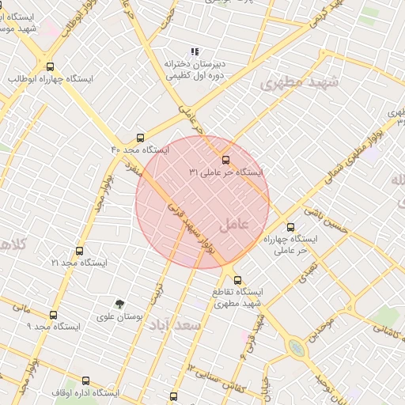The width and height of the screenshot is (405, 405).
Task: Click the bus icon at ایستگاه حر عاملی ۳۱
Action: point(226,159)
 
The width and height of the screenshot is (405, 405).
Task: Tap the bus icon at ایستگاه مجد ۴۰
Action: point(141,138)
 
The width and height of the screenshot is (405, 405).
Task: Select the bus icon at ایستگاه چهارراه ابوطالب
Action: point(51,67)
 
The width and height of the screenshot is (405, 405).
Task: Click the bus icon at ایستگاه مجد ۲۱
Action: point(79,251)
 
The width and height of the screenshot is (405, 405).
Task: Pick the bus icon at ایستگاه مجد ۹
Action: point(54,314)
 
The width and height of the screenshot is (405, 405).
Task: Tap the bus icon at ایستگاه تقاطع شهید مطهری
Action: point(237,280)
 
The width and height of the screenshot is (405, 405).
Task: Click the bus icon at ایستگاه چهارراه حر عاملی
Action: point(290,227)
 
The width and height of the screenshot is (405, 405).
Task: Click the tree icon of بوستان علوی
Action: point(119,304)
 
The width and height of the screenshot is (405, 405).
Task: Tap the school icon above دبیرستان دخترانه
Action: point(195,51)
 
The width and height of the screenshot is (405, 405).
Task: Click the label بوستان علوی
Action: point(119,316)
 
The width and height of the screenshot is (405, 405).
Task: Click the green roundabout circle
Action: point(297,347)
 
